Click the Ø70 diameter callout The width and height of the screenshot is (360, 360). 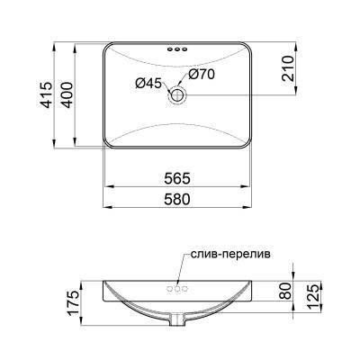[202, 75]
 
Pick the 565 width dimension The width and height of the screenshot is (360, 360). [175, 177]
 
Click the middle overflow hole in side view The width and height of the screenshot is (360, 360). [176, 290]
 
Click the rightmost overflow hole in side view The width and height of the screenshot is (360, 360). [184, 290]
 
